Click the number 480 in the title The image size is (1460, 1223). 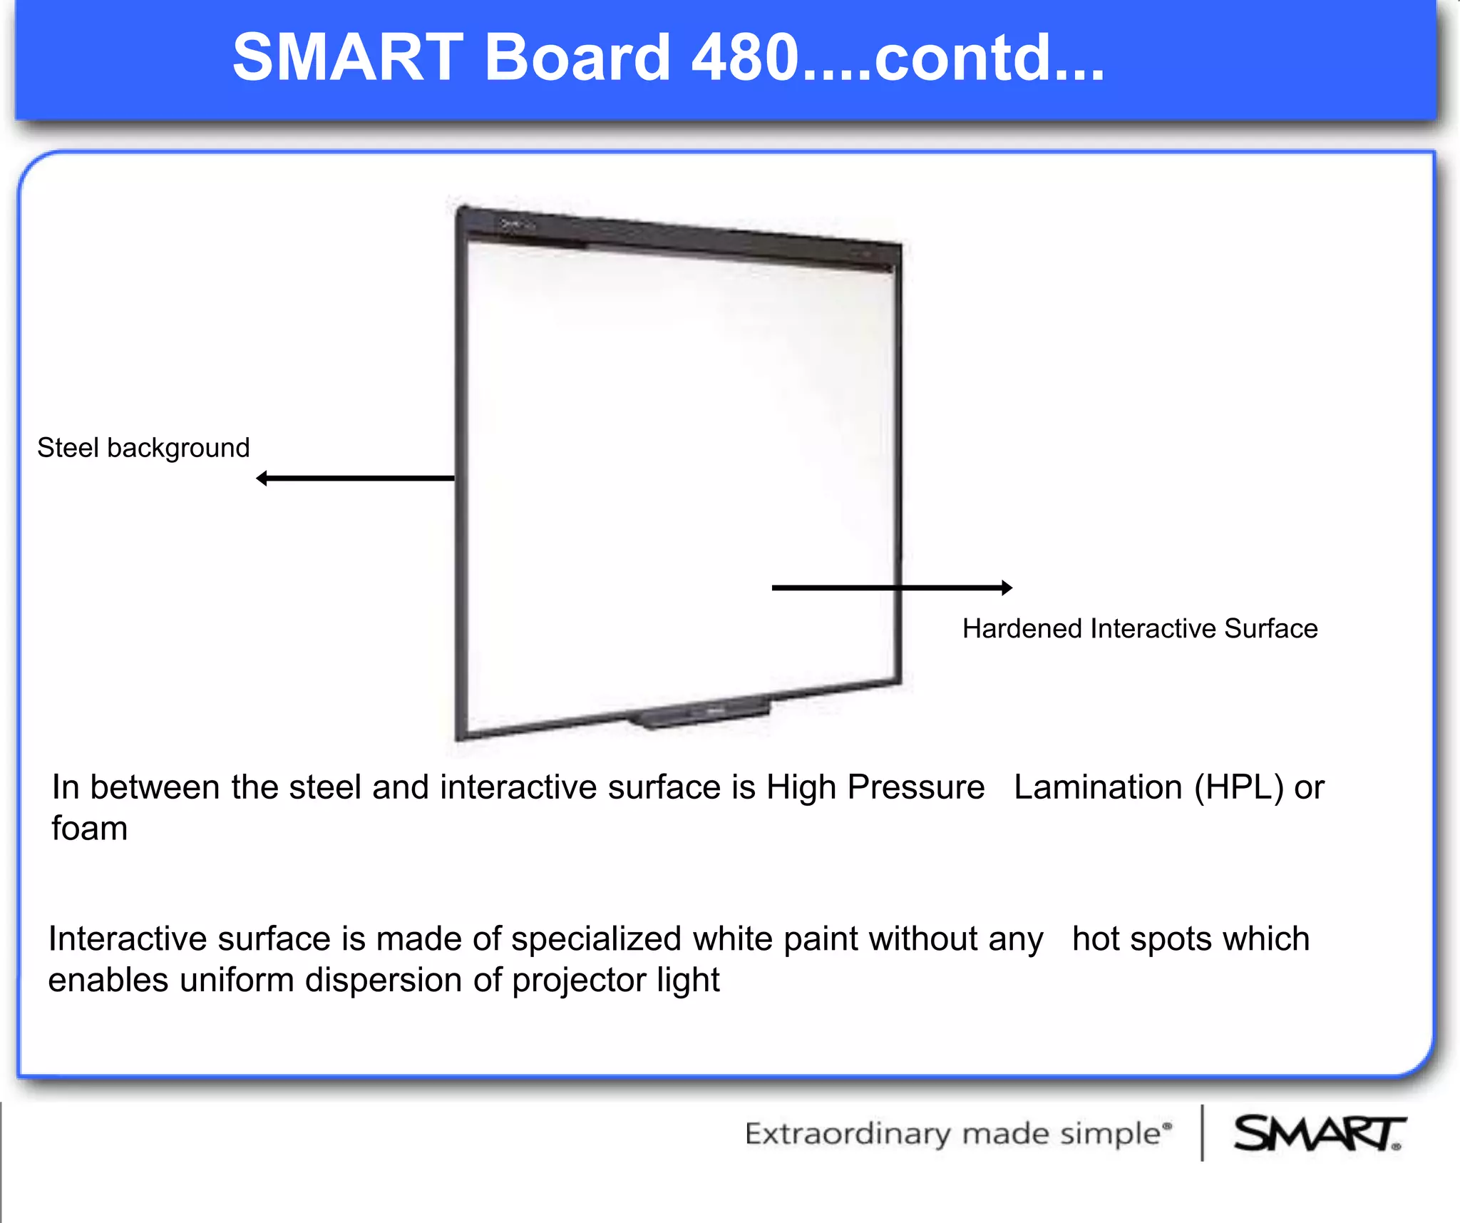coord(744,57)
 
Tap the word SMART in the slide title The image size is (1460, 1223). coord(348,57)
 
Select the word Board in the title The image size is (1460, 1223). coord(577,57)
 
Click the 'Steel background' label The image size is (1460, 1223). coord(143,448)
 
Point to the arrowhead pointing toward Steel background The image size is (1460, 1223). coord(262,478)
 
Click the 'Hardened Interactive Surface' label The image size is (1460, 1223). coord(1139,628)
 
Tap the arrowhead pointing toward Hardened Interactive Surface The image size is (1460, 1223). coord(1006,588)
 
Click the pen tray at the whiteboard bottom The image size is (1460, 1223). coord(699,714)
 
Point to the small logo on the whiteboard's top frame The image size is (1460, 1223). coord(515,225)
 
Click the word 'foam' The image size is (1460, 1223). coord(89,829)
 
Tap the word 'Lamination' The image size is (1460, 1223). coord(1098,787)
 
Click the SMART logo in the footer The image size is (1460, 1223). coord(1318,1133)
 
